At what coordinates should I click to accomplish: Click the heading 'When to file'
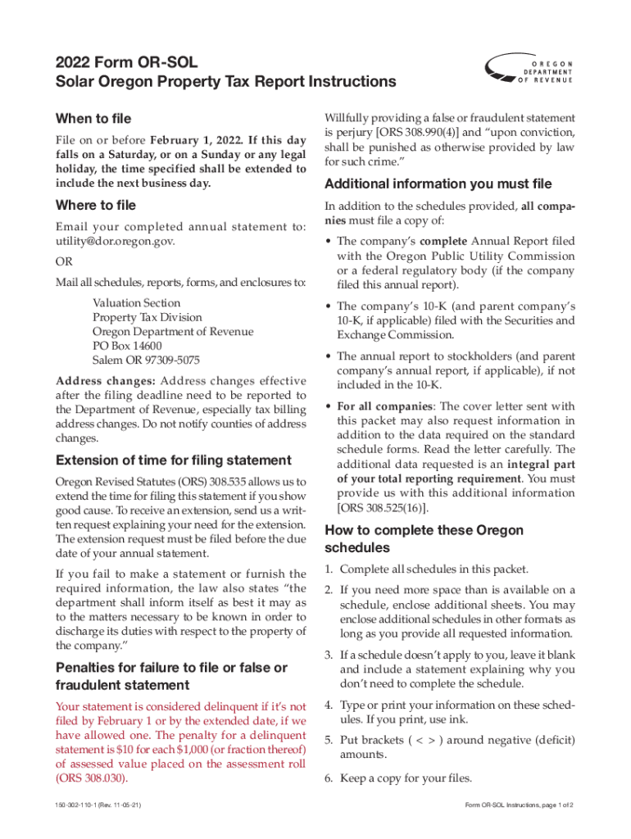pyautogui.click(x=93, y=119)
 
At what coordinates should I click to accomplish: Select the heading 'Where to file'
pyautogui.click(x=95, y=205)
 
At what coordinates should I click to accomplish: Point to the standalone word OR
pyautogui.click(x=63, y=263)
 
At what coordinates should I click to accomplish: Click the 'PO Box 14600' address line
pyautogui.click(x=127, y=347)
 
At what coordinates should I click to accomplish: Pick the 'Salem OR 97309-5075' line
pyautogui.click(x=146, y=361)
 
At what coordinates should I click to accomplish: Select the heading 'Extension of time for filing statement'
pyautogui.click(x=173, y=460)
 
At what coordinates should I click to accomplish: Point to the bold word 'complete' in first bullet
pyautogui.click(x=443, y=242)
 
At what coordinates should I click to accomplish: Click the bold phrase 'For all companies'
pyautogui.click(x=384, y=406)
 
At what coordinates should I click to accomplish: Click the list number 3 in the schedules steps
pyautogui.click(x=328, y=655)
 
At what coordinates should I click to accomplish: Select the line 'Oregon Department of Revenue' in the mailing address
pyautogui.click(x=173, y=332)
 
